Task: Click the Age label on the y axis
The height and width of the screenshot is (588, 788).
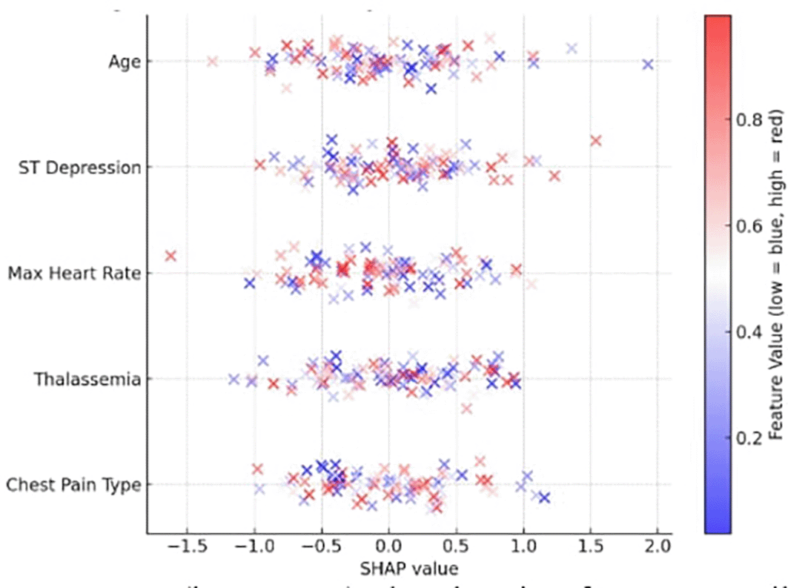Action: (124, 62)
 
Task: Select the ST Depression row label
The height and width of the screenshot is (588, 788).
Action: (79, 168)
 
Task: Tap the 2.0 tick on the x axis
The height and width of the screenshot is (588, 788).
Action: (657, 548)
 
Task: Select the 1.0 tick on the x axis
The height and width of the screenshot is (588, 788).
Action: (523, 548)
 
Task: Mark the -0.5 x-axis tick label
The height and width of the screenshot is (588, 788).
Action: (318, 548)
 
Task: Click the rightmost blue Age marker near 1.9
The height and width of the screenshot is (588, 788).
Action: (648, 65)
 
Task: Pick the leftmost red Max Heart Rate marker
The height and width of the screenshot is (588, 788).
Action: (170, 256)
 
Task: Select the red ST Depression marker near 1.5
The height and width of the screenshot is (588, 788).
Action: (595, 140)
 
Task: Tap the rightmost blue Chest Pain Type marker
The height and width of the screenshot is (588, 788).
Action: (544, 498)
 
